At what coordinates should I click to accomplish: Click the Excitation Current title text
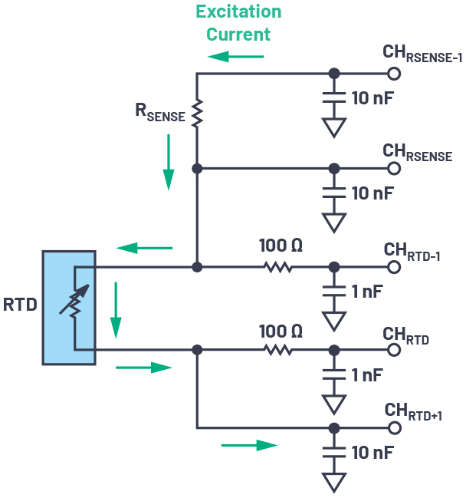(x=238, y=23)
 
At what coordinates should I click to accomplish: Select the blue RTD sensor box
(x=69, y=307)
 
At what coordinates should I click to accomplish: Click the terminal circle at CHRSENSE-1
(x=394, y=74)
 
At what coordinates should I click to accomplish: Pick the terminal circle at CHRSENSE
(x=394, y=168)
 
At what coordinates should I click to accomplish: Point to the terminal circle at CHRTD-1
(x=394, y=267)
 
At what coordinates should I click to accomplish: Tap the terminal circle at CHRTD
(x=394, y=349)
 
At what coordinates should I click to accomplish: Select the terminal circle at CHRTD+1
(x=394, y=427)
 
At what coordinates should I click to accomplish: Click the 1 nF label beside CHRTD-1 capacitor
(x=367, y=292)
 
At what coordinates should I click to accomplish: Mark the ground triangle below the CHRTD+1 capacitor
(x=333, y=482)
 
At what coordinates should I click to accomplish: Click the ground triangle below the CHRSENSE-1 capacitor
(x=333, y=127)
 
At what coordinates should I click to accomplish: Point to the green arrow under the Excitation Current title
(x=236, y=56)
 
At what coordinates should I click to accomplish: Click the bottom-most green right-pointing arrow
(x=249, y=445)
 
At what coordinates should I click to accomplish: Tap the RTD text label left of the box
(x=20, y=305)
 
